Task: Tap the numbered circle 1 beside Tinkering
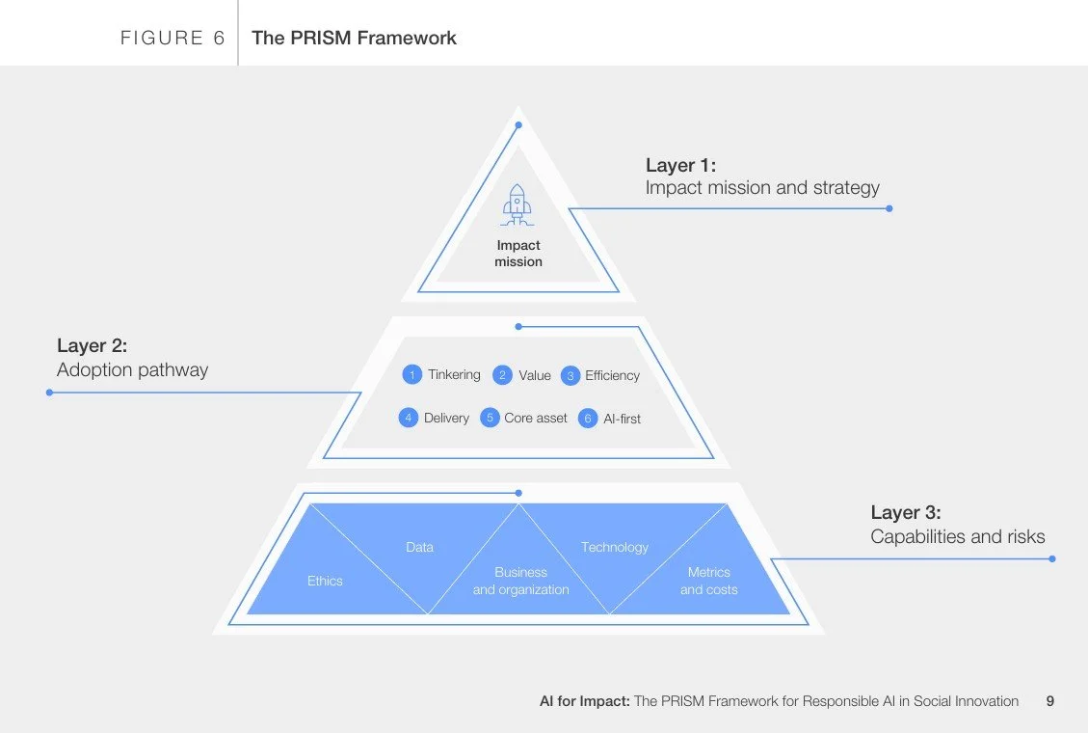point(412,374)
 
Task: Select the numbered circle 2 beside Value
point(502,375)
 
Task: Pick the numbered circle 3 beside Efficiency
point(570,375)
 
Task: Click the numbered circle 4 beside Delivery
point(409,418)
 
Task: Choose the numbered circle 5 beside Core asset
point(490,418)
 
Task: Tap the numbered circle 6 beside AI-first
point(588,419)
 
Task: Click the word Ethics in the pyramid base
point(325,581)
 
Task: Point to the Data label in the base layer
point(419,547)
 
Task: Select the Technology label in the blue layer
point(615,547)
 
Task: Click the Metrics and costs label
point(708,581)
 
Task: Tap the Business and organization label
point(520,581)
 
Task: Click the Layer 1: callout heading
point(680,165)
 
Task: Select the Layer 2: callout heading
point(92,345)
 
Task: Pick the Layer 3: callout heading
point(906,512)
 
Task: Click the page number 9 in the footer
point(1049,701)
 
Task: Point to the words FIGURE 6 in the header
point(172,38)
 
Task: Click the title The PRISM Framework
point(354,38)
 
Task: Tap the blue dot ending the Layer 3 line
point(1051,558)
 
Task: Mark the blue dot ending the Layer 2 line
point(49,393)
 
